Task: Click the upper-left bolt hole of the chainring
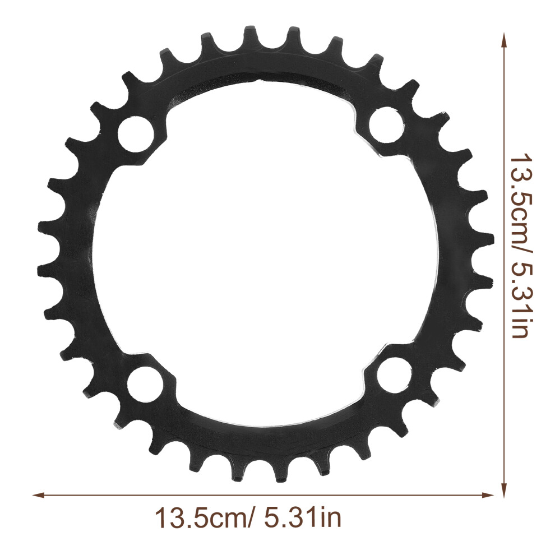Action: (x=136, y=134)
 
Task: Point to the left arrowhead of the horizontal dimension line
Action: (x=38, y=495)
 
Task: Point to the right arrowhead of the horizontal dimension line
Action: (x=488, y=495)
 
